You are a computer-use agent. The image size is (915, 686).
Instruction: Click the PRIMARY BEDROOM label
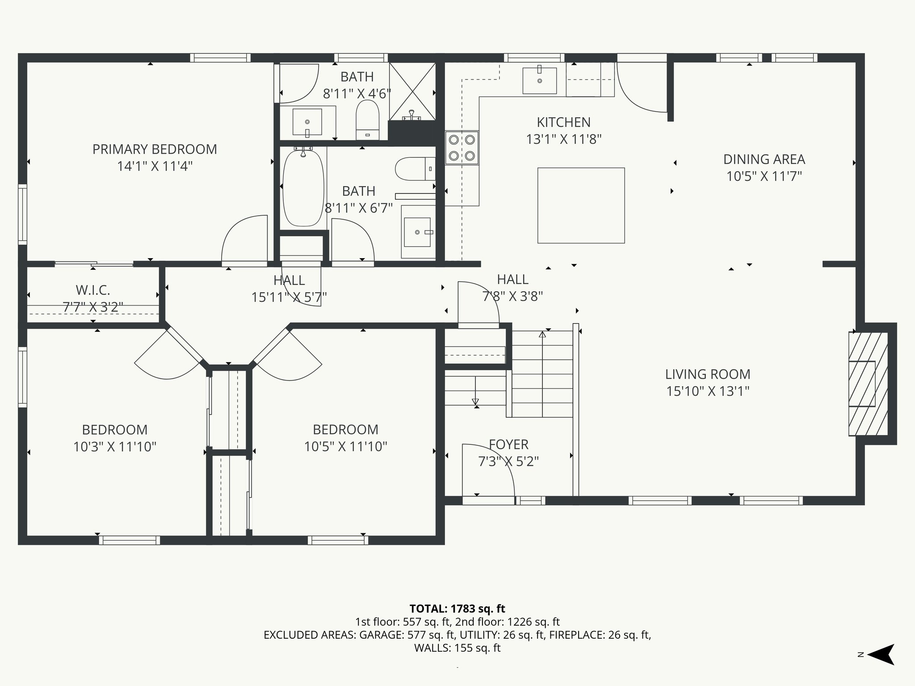(155, 149)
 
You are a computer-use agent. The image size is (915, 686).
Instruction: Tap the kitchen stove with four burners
(462, 148)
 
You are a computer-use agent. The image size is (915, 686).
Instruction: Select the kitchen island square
(581, 205)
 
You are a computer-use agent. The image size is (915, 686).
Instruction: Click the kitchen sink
(540, 81)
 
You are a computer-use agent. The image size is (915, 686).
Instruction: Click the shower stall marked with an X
(412, 92)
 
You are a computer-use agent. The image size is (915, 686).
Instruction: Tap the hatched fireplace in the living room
(868, 384)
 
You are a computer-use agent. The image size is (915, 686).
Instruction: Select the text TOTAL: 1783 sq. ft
(457, 609)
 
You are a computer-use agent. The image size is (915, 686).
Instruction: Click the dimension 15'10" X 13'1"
(708, 391)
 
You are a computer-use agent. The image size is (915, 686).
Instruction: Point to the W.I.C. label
(93, 290)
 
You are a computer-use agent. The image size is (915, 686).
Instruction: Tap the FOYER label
(508, 444)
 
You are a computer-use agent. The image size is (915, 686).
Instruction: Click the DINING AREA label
(764, 159)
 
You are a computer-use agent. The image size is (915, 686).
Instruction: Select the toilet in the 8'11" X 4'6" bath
(367, 120)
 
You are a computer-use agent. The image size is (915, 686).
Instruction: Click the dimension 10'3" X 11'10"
(115, 447)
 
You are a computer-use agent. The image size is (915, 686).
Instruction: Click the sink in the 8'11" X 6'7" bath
(417, 232)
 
